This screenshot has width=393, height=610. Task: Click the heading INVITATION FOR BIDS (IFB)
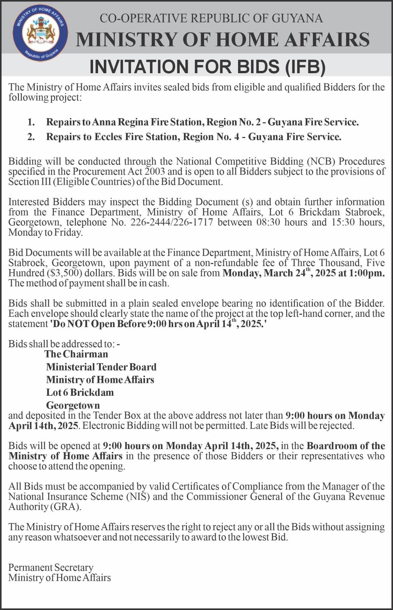pyautogui.click(x=208, y=66)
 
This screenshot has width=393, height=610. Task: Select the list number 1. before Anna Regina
pyautogui.click(x=31, y=122)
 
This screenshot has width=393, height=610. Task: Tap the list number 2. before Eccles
pyautogui.click(x=31, y=137)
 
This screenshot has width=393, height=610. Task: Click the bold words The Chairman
pyautogui.click(x=76, y=354)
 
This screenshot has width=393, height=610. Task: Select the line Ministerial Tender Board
pyautogui.click(x=101, y=367)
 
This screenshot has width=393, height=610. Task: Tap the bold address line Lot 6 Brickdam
pyautogui.click(x=80, y=392)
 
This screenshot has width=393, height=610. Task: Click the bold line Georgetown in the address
pyautogui.click(x=73, y=405)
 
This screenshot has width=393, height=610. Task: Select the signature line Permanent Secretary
pyautogui.click(x=51, y=568)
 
